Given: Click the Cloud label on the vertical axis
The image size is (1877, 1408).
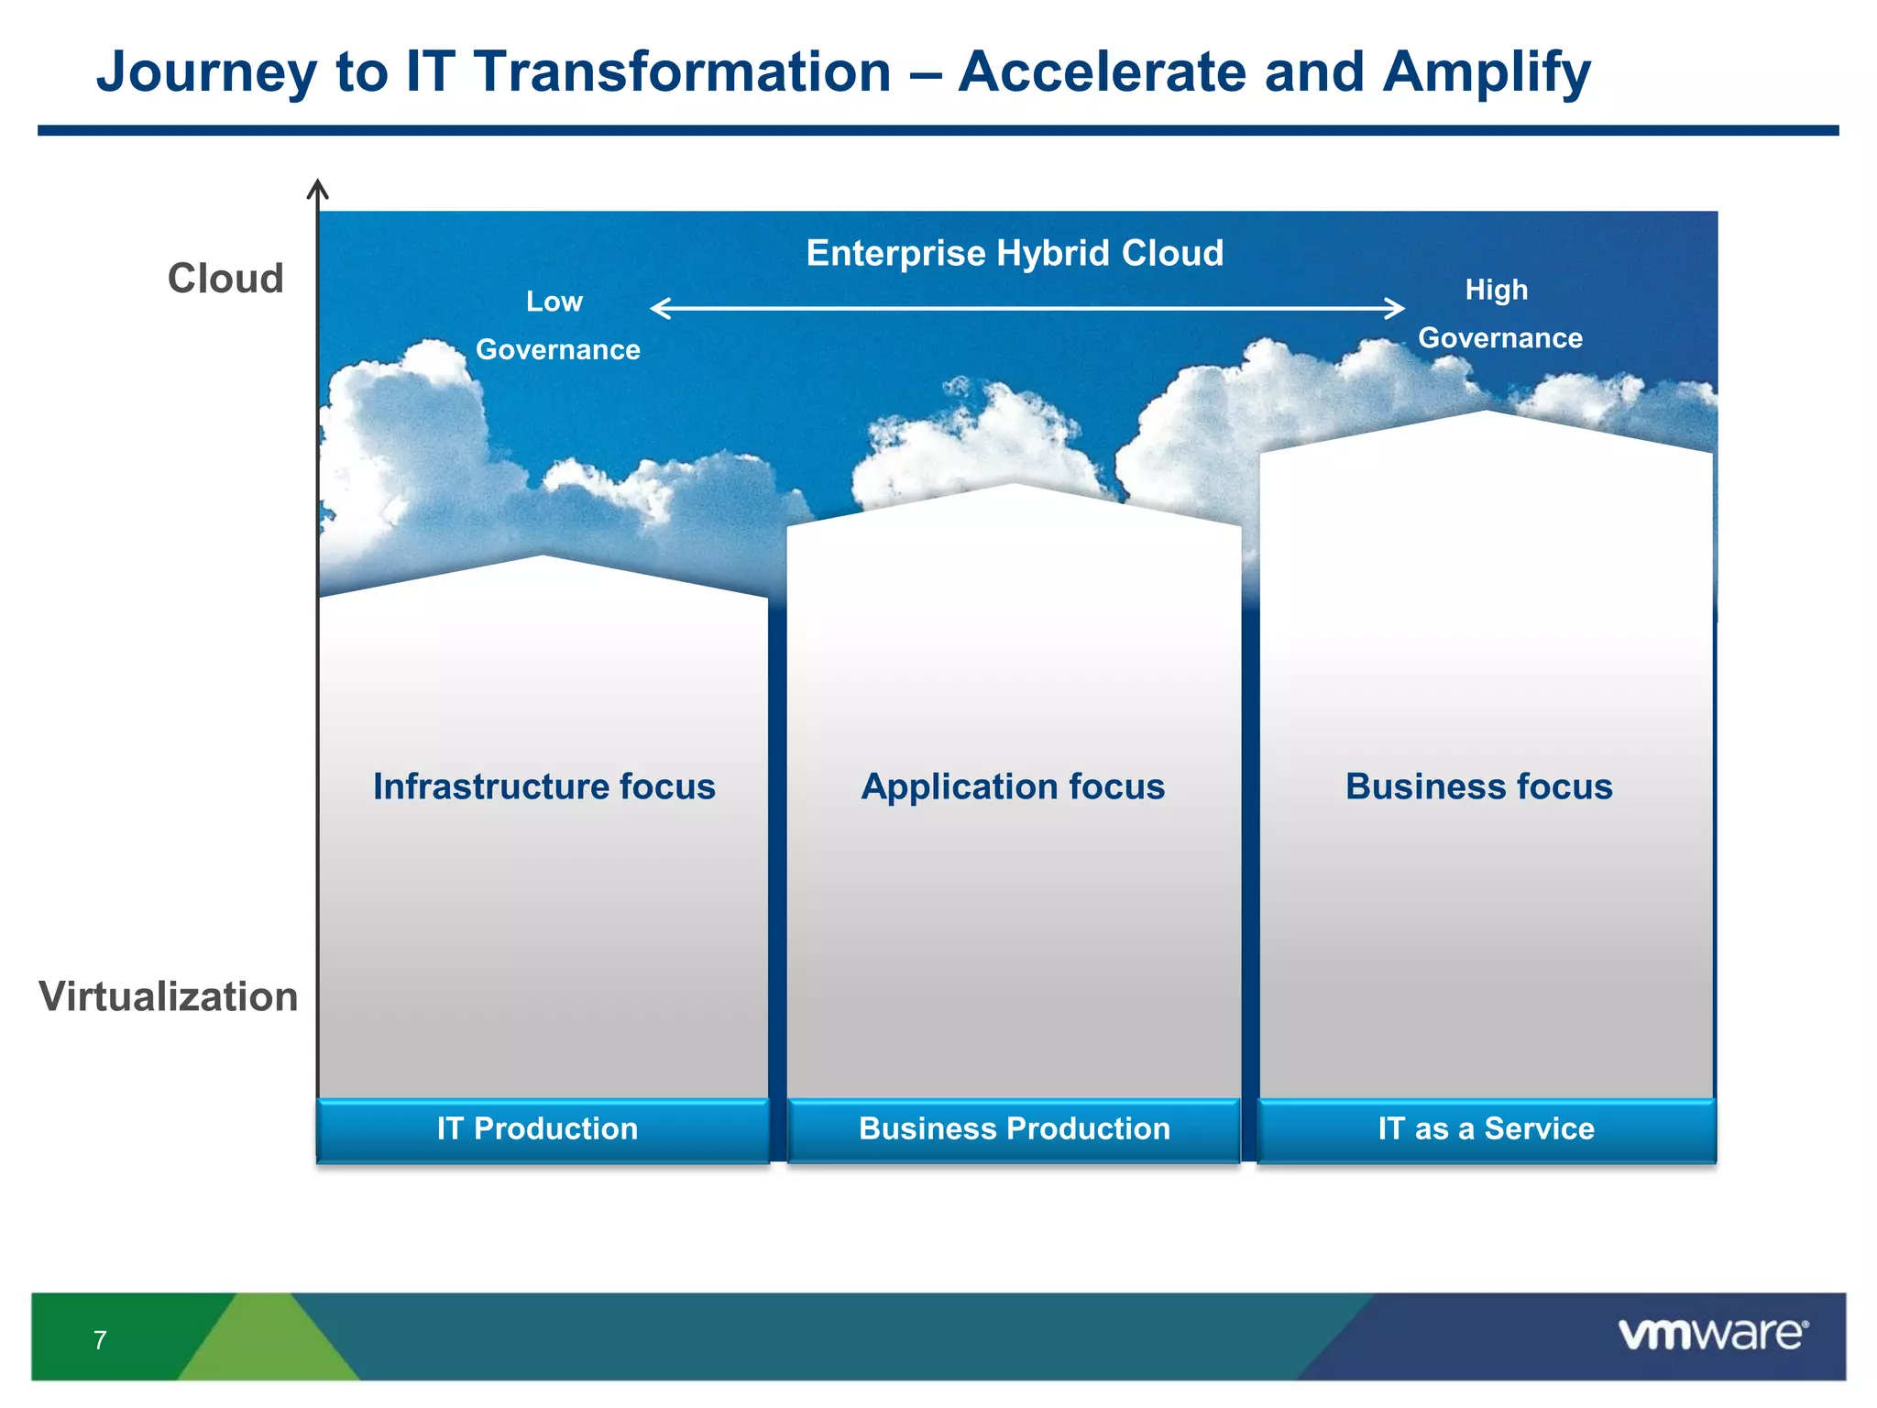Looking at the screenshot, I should [225, 279].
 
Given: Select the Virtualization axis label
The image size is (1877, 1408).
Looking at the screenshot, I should [169, 996].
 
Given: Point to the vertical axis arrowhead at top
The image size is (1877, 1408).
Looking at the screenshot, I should [317, 187].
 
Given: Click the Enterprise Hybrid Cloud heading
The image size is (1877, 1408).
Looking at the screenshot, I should [1015, 253].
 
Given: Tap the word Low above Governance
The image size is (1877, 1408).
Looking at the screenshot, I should [554, 302].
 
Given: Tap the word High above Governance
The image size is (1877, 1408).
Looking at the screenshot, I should [1496, 290].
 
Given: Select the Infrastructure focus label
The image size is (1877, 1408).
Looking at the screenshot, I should [543, 786].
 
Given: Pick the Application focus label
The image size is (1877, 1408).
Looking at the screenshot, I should [1013, 786].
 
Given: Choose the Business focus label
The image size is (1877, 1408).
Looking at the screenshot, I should [1478, 786].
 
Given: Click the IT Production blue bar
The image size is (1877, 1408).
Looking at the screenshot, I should [542, 1129].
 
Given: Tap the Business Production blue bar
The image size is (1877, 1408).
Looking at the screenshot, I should [1014, 1129].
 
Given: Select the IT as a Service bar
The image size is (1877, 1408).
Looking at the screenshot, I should [1486, 1129].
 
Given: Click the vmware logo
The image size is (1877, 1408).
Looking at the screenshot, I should [1712, 1335].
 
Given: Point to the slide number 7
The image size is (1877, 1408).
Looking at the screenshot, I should [100, 1340].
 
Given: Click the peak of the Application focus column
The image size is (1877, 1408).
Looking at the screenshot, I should [1014, 487].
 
